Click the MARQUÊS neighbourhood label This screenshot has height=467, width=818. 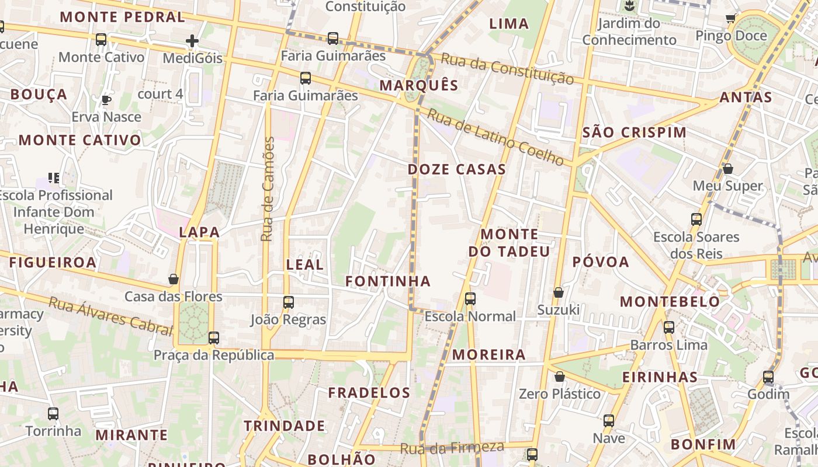point(419,85)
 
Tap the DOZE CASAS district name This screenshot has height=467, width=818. point(456,170)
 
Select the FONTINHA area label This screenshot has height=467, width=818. point(388,281)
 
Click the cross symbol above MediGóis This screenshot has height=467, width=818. point(192,41)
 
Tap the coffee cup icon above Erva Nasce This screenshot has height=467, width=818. point(106,100)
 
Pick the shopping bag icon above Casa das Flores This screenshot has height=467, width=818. point(174,279)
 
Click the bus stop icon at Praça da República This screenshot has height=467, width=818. point(214,337)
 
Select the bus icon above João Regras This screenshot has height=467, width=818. point(288,302)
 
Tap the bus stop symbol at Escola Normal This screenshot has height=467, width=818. point(470,299)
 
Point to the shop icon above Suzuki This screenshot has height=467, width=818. point(559,292)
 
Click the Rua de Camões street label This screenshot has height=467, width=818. point(268,189)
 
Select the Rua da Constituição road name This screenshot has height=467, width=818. point(507,68)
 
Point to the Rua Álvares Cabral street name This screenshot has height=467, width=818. point(111,317)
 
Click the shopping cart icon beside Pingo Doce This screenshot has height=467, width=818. point(730,19)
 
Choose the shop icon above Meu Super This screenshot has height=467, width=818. point(728,169)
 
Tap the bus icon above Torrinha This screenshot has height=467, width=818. point(53,414)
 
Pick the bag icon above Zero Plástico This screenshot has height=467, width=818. point(559,377)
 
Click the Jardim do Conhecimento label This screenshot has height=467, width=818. point(629,32)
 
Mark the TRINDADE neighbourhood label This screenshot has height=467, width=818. point(284,426)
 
